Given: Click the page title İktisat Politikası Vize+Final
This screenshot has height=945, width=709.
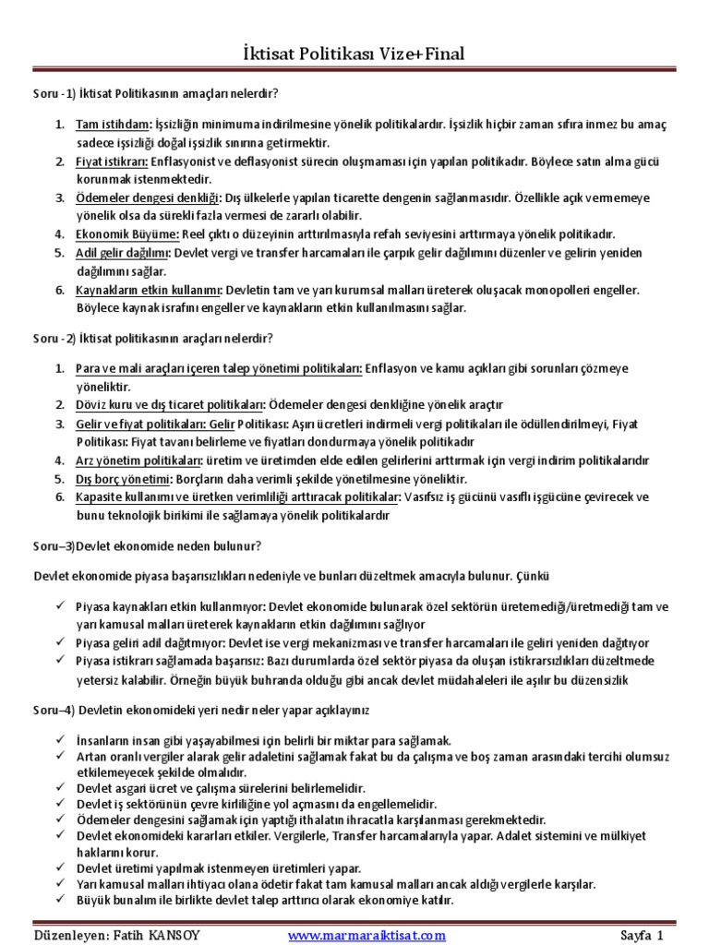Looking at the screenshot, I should (x=354, y=54).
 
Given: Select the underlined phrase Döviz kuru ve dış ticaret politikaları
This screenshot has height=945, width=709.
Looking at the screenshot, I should (x=170, y=404).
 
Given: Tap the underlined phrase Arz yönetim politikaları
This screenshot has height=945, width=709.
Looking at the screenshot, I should (x=138, y=460).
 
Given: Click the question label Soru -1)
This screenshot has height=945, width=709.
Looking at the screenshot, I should (x=50, y=93).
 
